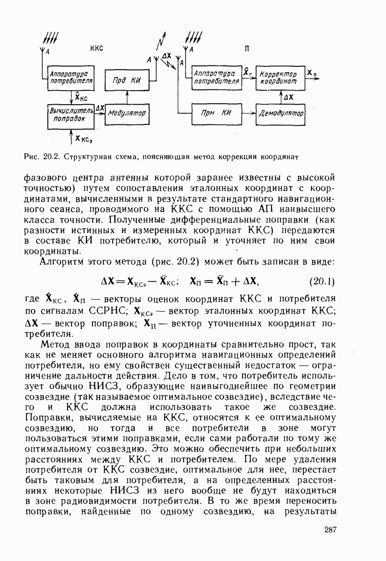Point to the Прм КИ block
point(216,113)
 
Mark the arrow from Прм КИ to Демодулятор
point(248,113)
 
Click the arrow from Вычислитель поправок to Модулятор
point(100,113)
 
